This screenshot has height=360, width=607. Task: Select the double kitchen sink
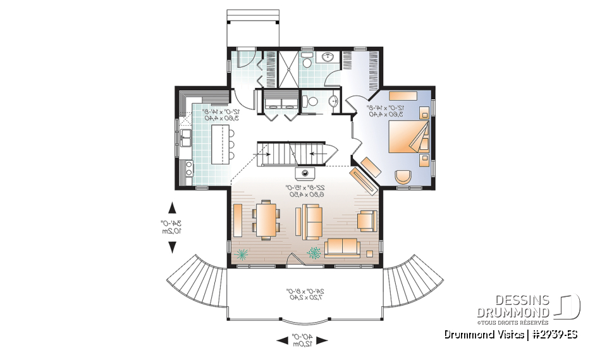point(187,138)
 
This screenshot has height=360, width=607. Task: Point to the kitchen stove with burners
point(188,168)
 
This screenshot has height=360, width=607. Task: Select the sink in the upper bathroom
point(328,58)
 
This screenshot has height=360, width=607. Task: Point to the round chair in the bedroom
point(403,178)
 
